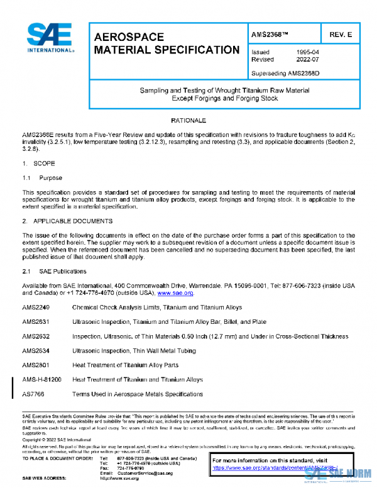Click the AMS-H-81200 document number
point(42,380)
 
